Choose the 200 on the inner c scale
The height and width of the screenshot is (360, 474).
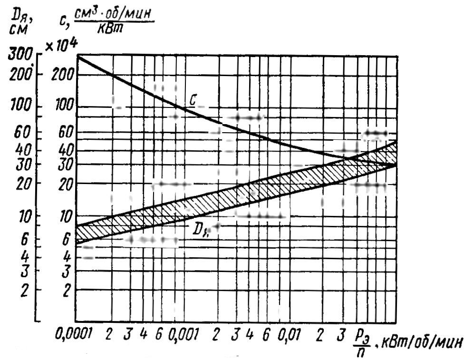64,75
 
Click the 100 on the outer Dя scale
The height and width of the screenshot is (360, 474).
20,106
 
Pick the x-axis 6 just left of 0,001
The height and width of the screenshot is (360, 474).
159,337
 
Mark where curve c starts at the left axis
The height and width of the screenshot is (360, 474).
77,57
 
